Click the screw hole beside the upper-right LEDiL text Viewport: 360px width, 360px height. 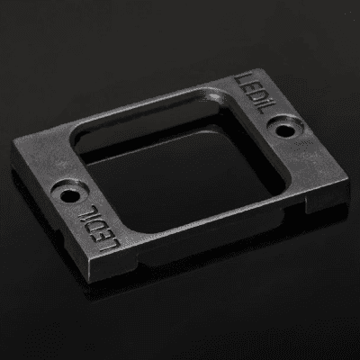tap(284, 130)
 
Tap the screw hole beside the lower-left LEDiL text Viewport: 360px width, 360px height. tap(70, 196)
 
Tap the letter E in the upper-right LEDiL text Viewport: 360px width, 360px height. tap(246, 85)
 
